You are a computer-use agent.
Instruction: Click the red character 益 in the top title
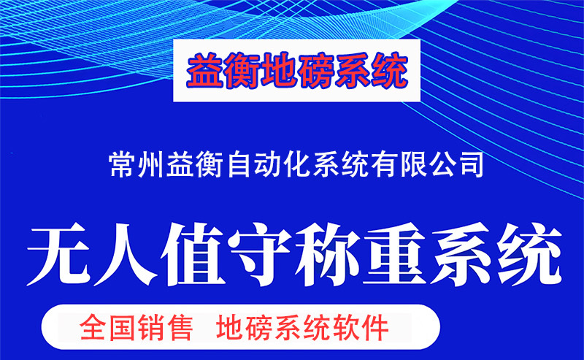click(x=205, y=70)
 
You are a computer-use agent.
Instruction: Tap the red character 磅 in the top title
click(x=315, y=70)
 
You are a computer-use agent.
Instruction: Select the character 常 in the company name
click(x=122, y=164)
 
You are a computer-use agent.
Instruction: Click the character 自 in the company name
click(x=239, y=164)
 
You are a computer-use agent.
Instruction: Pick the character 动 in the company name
click(x=267, y=164)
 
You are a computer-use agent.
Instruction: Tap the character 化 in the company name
click(x=296, y=164)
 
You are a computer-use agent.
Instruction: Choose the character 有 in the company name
click(x=384, y=164)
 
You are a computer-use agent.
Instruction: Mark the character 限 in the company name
click(x=412, y=164)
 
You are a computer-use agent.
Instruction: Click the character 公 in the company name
click(x=442, y=164)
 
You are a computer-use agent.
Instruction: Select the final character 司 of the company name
click(x=471, y=164)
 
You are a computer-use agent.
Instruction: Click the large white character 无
click(x=59, y=255)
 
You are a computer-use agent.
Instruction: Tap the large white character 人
click(x=126, y=255)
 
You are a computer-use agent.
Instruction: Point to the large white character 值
click(x=193, y=255)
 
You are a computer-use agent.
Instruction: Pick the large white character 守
click(x=260, y=255)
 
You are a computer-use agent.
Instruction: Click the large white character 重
click(x=394, y=255)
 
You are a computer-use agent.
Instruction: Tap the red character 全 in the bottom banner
click(x=93, y=328)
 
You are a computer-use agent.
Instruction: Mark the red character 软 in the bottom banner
click(x=347, y=328)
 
